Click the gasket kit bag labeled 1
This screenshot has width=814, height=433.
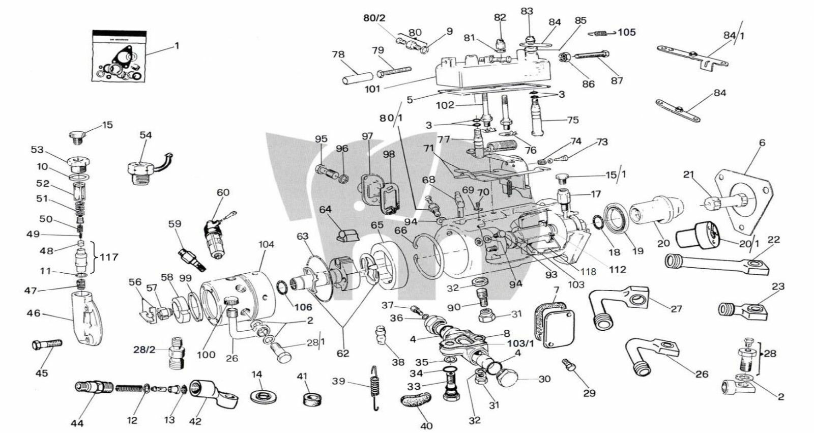(119, 56)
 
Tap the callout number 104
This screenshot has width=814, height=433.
(266, 245)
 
